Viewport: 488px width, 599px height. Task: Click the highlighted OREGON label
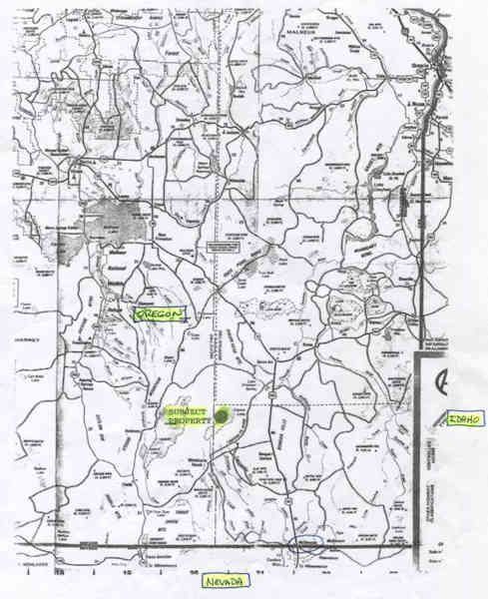(154, 315)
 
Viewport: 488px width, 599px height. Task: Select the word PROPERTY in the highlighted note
(189, 423)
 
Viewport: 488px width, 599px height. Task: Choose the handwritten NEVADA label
(225, 581)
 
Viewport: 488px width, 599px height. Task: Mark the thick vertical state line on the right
(415, 449)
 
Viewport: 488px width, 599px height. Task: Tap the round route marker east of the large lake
(172, 233)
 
